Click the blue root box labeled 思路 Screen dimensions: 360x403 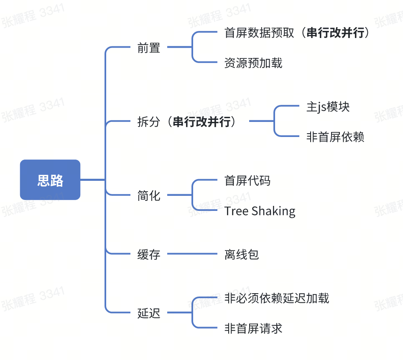(x=50, y=180)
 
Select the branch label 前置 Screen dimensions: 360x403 (x=149, y=48)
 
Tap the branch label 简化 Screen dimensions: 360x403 (x=149, y=195)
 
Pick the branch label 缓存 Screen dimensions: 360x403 (x=149, y=254)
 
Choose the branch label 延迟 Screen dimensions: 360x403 (x=149, y=313)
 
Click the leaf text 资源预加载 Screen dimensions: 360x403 (x=253, y=63)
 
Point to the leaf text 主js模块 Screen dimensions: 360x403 (x=328, y=107)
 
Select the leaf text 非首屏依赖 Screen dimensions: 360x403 (x=335, y=137)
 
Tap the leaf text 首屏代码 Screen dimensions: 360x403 (x=247, y=180)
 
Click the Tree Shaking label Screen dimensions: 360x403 (x=260, y=211)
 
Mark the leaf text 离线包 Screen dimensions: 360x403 (x=242, y=254)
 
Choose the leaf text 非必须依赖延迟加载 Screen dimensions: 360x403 (x=277, y=298)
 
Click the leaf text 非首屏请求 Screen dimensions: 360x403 (x=253, y=328)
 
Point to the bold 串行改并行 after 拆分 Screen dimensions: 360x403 (x=201, y=122)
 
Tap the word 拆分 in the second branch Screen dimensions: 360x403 (x=149, y=122)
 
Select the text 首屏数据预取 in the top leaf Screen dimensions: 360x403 (x=259, y=33)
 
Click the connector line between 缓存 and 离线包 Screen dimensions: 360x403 (x=192, y=254)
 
